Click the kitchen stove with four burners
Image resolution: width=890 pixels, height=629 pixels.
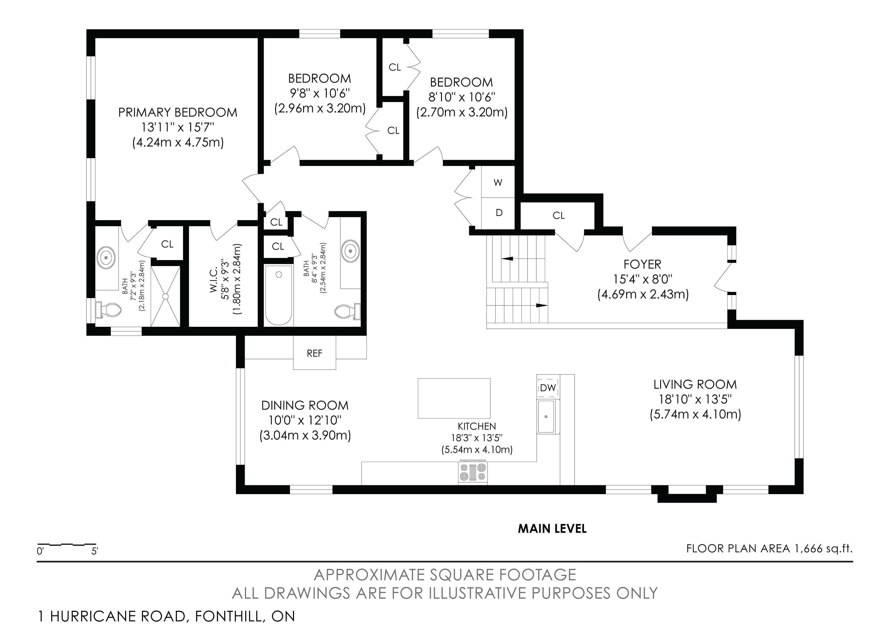click(x=473, y=472)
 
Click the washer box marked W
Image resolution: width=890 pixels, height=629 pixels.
click(x=498, y=182)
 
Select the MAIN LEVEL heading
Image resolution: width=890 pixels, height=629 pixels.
click(x=552, y=529)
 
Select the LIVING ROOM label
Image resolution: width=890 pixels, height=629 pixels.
click(x=695, y=384)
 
